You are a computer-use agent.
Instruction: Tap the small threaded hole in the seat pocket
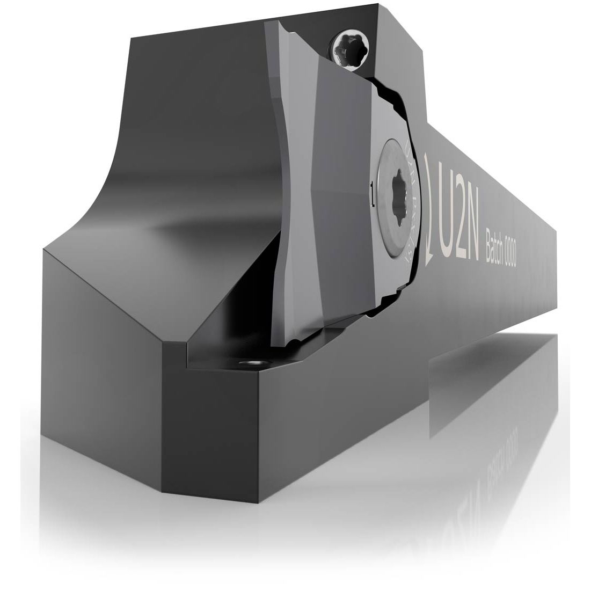(250, 365)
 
